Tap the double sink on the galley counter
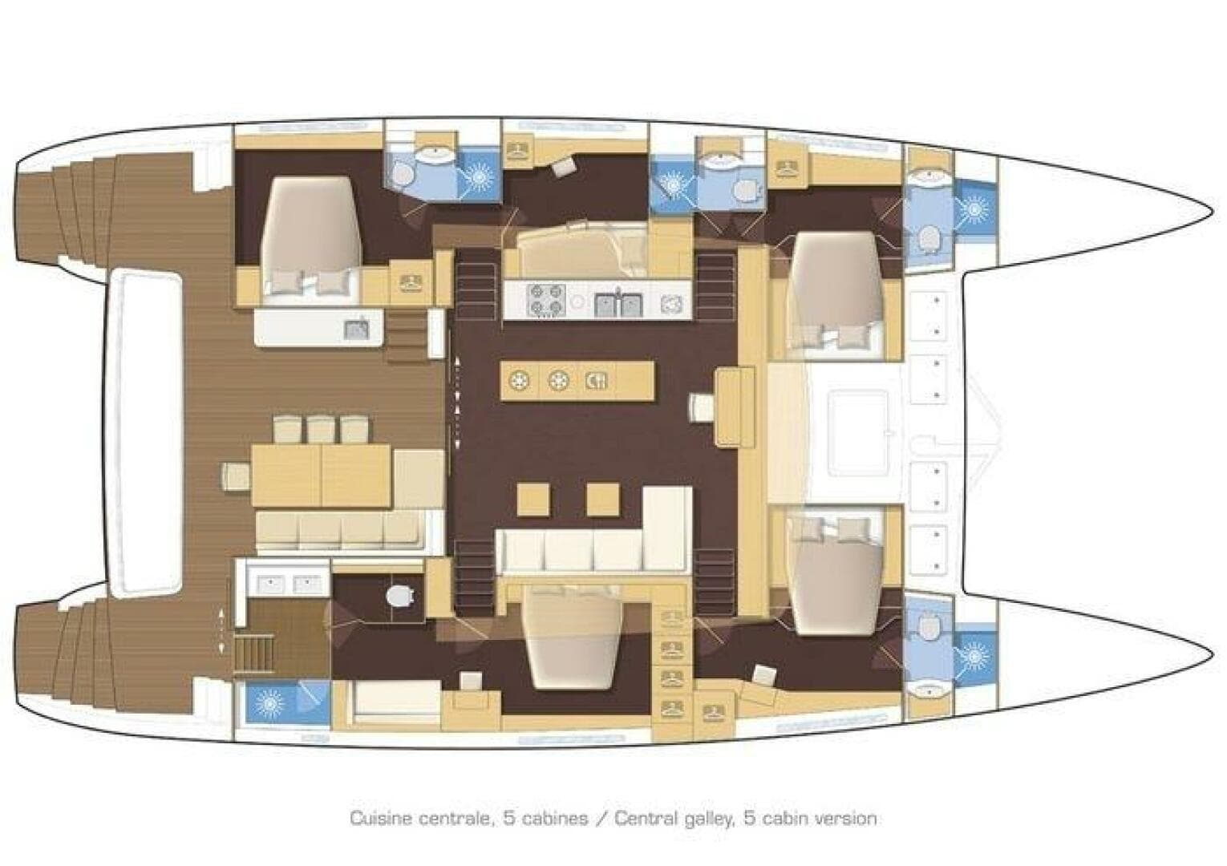[618, 303]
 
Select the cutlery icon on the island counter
[597, 380]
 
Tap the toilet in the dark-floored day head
[399, 596]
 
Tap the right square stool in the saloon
[602, 499]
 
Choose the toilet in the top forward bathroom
[930, 238]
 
